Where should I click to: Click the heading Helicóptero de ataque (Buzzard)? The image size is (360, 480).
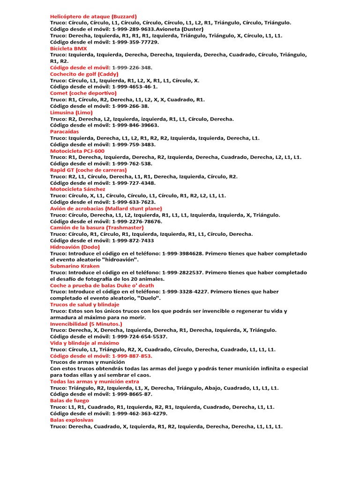tap(93, 16)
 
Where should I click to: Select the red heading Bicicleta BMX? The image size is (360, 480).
tap(68, 48)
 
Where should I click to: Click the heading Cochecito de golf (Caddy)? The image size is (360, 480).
tap(84, 74)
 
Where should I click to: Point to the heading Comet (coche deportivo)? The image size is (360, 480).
tap(83, 93)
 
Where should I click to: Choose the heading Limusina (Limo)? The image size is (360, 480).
tap(71, 112)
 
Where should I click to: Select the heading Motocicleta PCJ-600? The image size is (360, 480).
tap(77, 151)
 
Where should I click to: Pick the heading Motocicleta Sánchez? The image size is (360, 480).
tap(78, 189)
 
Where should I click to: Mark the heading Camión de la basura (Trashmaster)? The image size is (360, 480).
tap(93, 227)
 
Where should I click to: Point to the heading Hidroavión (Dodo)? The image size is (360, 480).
tap(75, 247)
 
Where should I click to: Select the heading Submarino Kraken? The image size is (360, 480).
tap(75, 266)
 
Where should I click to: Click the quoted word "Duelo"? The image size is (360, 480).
tap(148, 298)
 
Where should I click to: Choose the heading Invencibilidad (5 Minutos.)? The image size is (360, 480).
tap(86, 323)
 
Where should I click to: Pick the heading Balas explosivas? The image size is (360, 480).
tap(72, 420)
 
